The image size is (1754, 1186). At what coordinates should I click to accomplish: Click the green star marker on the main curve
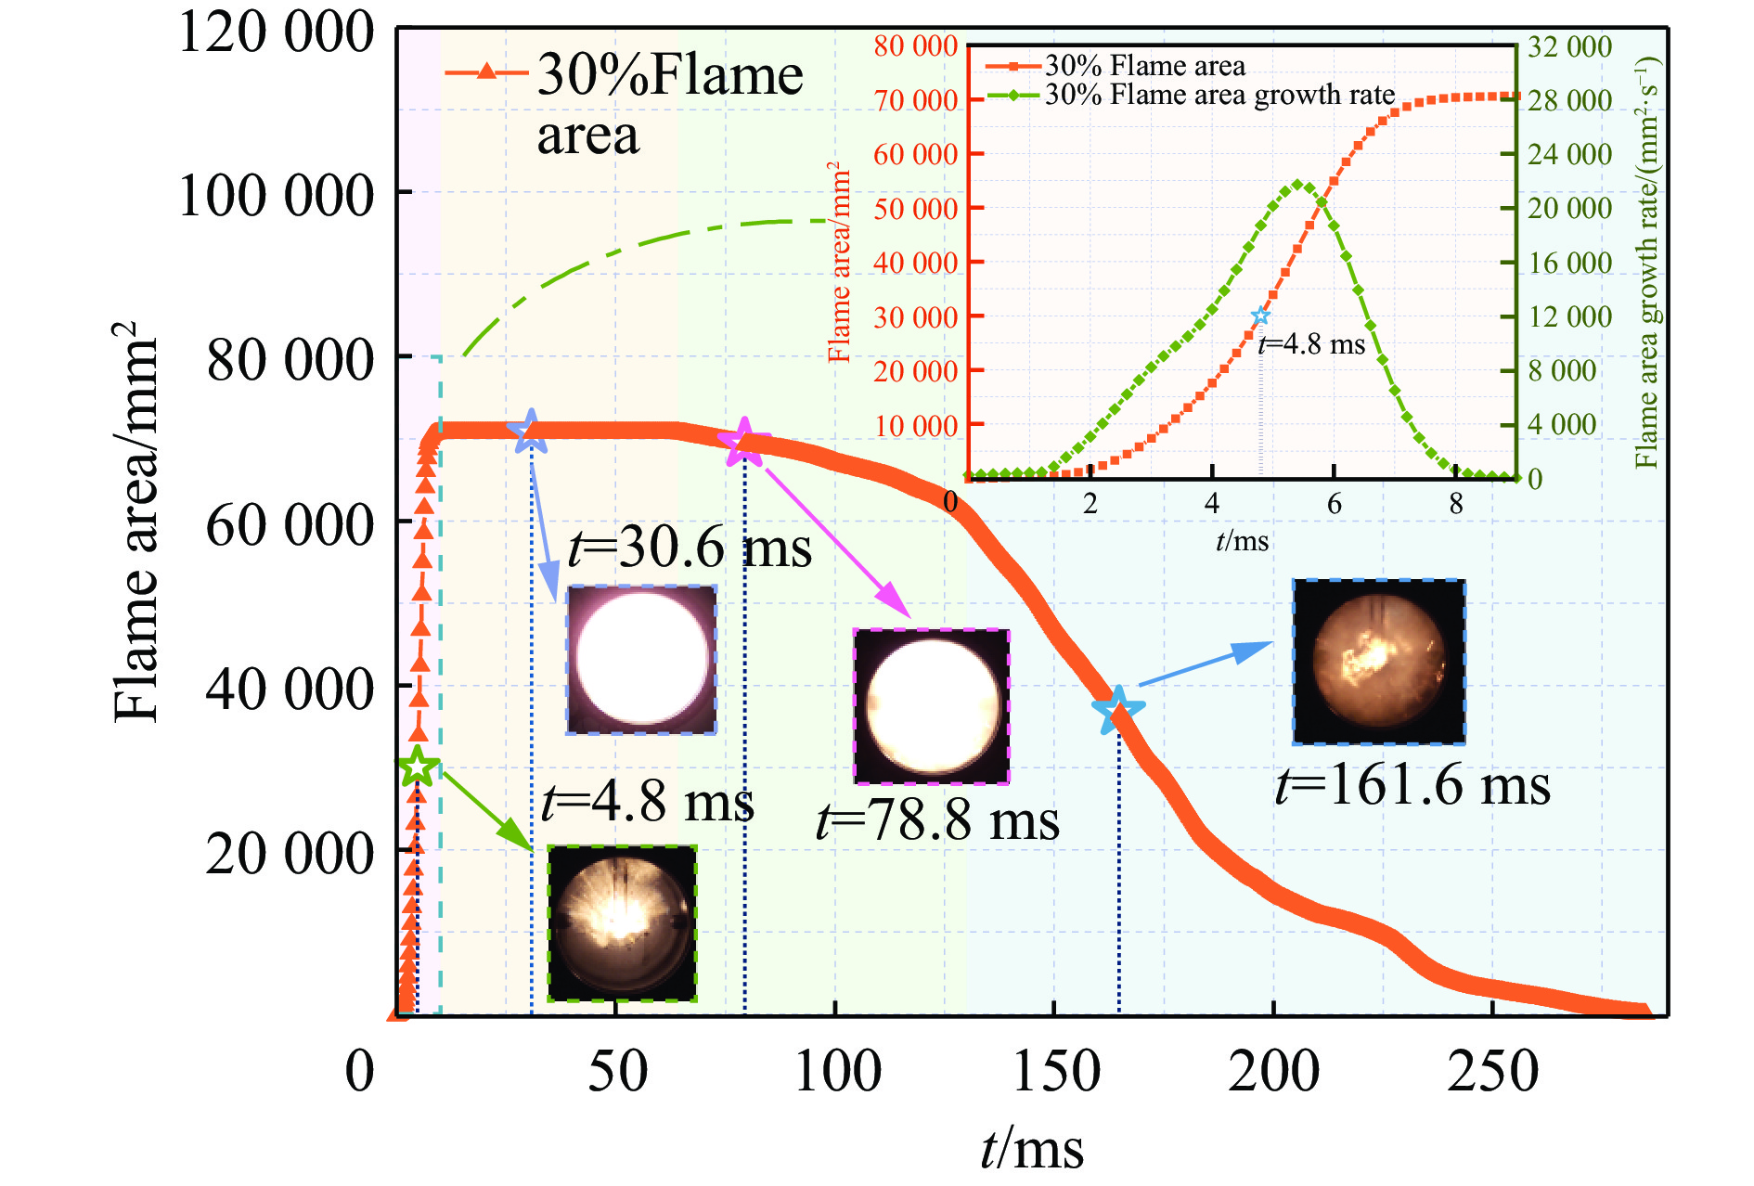(418, 767)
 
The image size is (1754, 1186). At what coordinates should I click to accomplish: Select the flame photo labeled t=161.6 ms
(1379, 662)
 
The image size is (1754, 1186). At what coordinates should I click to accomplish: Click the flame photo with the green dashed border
(622, 923)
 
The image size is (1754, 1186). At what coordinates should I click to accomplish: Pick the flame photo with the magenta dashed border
(931, 706)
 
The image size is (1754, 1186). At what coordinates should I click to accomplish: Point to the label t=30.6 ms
(689, 548)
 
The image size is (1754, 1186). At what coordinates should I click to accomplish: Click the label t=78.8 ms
(937, 821)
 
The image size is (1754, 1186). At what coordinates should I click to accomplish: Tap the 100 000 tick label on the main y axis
(276, 196)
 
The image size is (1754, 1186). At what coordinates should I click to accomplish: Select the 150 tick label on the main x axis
(1055, 1072)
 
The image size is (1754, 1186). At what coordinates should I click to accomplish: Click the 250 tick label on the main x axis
(1492, 1072)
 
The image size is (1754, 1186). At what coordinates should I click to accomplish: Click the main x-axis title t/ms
(1032, 1148)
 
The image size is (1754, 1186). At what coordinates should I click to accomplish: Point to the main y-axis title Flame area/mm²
(135, 522)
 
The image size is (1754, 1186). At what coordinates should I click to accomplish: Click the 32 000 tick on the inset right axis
(1570, 46)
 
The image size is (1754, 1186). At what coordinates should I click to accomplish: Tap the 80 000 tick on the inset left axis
(915, 46)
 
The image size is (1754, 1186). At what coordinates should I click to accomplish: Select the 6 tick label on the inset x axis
(1334, 504)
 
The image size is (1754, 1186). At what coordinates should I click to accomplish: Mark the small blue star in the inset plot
(1260, 316)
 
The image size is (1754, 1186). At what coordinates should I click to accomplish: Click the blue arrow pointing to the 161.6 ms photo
(1205, 664)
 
